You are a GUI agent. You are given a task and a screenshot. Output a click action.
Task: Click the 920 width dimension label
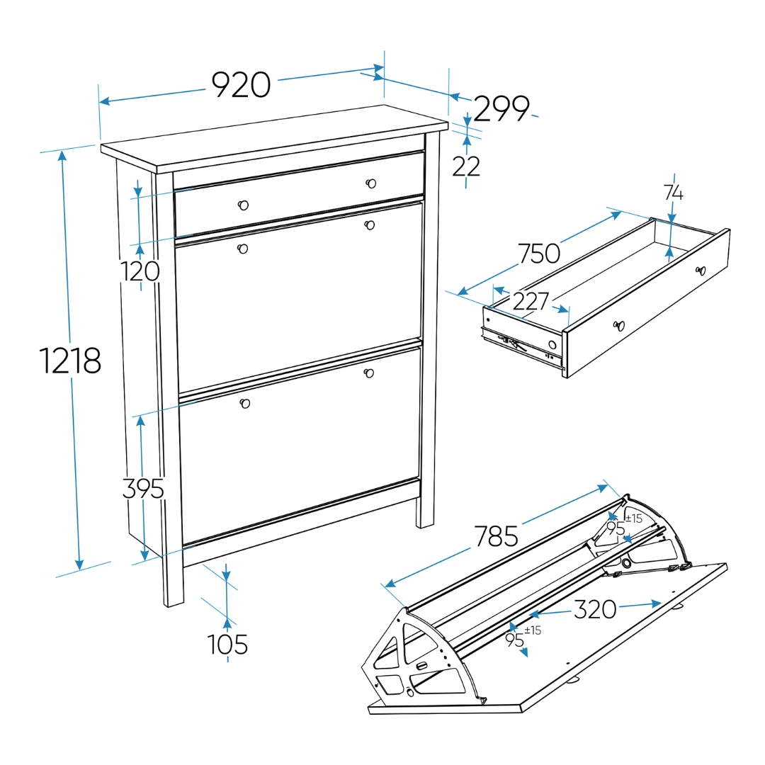[x=241, y=85]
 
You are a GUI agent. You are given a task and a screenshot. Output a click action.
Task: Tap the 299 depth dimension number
[x=501, y=108]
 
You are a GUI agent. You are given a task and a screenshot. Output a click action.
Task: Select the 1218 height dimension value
[x=69, y=361]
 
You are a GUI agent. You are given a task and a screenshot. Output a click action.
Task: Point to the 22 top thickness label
[x=466, y=166]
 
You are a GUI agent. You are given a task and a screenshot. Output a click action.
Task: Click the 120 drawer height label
[x=140, y=271]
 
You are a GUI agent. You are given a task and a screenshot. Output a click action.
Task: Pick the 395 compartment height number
[x=142, y=488]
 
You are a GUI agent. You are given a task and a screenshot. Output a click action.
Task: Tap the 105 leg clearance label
[x=227, y=644]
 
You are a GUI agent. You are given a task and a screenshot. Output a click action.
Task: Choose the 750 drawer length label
[x=539, y=253]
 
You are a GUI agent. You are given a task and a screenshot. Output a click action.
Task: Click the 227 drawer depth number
[x=531, y=301]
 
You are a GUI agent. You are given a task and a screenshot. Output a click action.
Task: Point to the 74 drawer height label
[x=674, y=193]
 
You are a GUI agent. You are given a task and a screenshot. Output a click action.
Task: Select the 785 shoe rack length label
[x=496, y=536]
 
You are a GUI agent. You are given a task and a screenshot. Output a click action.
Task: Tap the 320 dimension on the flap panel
[x=595, y=609]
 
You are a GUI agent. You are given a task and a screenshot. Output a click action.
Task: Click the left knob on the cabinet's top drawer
[x=243, y=205]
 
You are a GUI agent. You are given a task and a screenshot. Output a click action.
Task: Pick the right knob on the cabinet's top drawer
[x=370, y=183]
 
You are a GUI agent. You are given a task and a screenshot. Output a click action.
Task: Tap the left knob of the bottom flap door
[x=245, y=404]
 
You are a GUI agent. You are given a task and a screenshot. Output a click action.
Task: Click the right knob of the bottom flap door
[x=369, y=373]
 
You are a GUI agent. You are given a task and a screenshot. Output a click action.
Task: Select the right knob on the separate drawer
[x=701, y=271]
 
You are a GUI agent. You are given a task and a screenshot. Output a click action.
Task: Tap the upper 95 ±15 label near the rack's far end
[x=624, y=525]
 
